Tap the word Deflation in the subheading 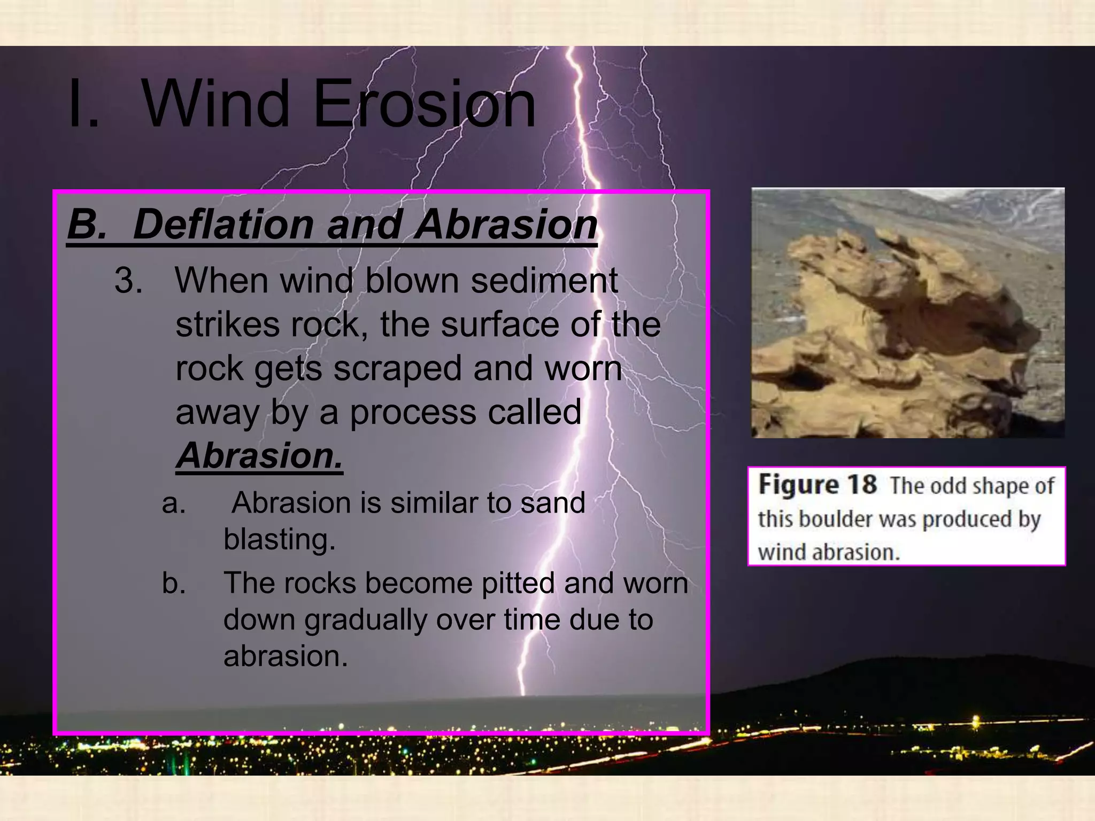223,224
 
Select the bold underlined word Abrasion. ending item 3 259,456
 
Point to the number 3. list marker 128,281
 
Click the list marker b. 174,583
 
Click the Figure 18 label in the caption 818,485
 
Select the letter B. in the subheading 87,224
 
